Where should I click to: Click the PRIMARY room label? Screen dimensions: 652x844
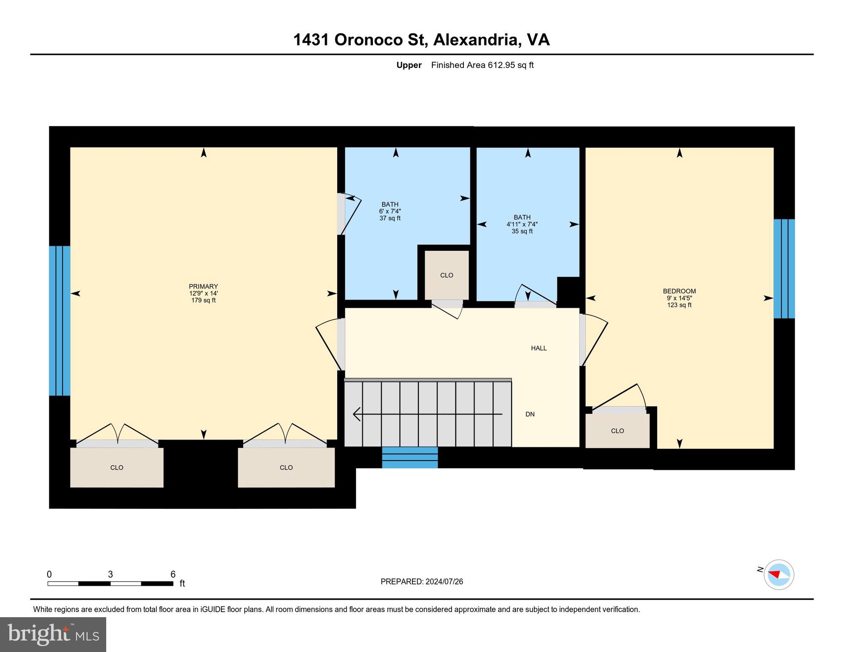tap(203, 287)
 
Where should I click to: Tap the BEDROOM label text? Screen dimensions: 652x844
tap(679, 291)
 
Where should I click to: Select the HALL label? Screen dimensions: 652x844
tap(539, 348)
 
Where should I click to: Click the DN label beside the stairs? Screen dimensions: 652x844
tap(530, 414)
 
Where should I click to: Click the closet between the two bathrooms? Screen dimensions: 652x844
tap(446, 275)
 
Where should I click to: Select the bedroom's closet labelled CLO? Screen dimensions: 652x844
tap(617, 431)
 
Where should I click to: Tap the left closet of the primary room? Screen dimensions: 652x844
tap(117, 467)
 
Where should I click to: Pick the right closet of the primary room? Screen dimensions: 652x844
tap(286, 467)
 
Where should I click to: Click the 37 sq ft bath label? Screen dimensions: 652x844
tap(390, 211)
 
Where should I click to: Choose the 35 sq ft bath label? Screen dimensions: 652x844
tap(522, 224)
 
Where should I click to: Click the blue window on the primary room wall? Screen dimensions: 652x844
tap(59, 320)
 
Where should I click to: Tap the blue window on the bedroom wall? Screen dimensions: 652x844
tap(784, 269)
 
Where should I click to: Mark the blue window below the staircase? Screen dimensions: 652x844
tap(409, 458)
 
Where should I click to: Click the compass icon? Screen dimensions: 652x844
tap(779, 575)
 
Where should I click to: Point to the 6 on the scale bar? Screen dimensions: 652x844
tap(173, 574)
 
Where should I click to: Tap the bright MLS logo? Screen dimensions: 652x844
tap(53, 634)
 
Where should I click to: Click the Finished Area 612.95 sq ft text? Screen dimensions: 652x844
tap(482, 65)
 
